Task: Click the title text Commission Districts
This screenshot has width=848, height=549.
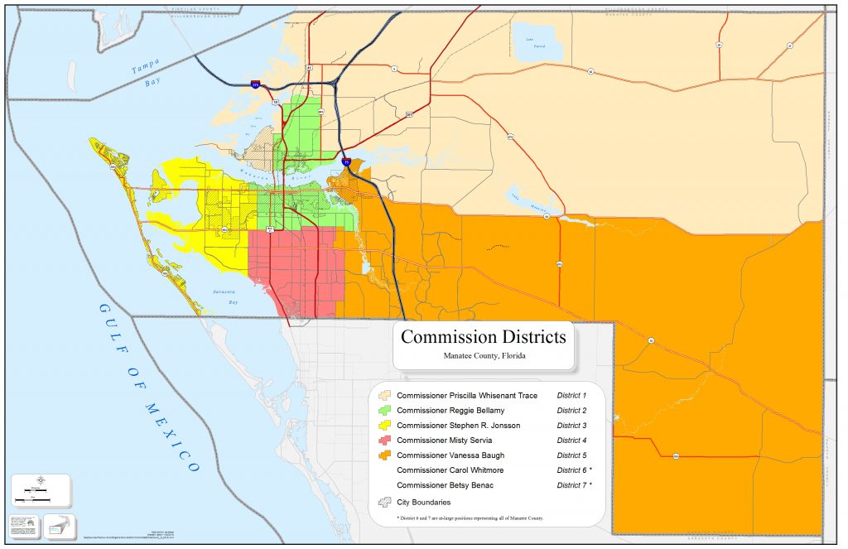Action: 484,337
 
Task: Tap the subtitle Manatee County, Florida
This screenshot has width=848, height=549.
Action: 484,356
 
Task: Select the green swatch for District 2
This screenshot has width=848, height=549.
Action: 385,411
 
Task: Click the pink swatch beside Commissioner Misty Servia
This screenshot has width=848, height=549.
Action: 385,441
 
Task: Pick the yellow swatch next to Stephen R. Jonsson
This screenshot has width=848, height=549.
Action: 385,426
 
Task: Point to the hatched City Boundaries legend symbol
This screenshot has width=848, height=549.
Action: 385,502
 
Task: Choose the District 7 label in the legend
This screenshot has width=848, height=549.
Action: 574,485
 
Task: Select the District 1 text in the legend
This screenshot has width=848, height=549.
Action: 571,396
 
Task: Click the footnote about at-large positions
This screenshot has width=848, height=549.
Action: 470,518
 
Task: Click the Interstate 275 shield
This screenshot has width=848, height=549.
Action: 256,84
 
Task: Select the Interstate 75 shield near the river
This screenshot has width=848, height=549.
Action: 346,162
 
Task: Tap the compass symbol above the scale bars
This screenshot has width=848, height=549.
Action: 42,479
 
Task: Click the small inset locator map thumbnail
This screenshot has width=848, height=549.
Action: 60,524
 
